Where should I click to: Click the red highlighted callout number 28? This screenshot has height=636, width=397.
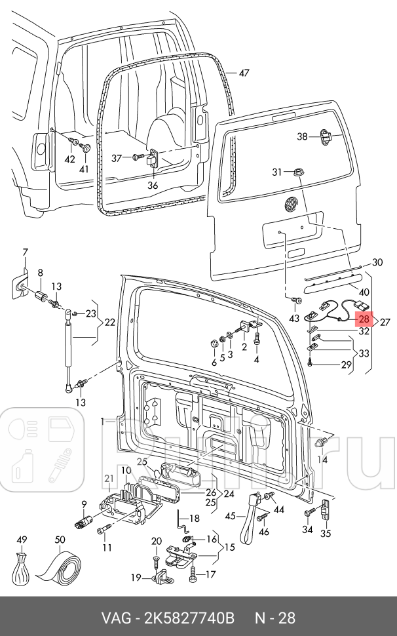click(364, 319)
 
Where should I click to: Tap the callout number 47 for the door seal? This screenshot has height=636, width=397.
click(244, 73)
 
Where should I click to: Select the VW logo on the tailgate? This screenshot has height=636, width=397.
click(290, 205)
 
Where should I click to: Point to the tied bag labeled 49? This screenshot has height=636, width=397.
click(22, 567)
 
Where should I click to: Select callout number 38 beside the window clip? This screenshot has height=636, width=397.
click(303, 136)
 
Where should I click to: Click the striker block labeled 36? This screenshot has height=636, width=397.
click(151, 159)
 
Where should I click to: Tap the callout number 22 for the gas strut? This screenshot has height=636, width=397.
click(110, 323)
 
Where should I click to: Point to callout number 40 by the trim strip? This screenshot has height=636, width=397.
click(364, 292)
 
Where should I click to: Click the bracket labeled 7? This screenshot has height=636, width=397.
click(20, 285)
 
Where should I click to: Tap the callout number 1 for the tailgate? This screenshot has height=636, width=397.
click(103, 422)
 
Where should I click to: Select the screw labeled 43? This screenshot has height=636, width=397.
click(297, 300)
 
